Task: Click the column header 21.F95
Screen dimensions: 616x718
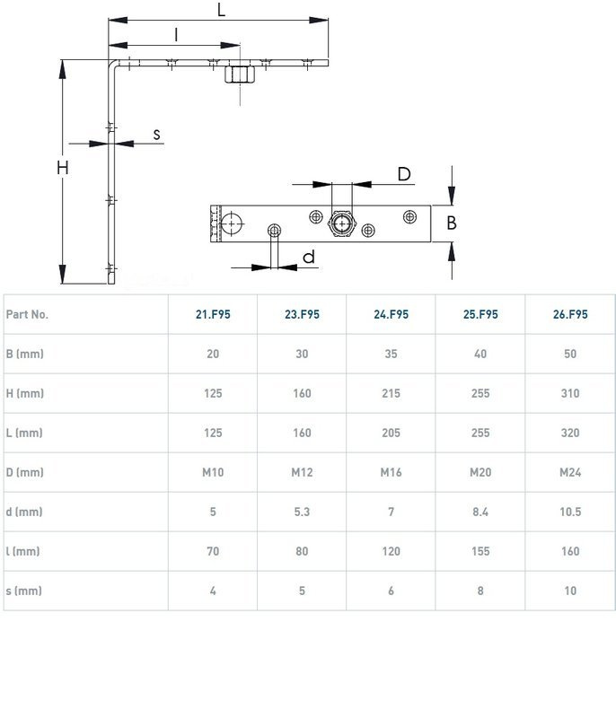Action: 213,315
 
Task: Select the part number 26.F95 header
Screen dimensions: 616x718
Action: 570,315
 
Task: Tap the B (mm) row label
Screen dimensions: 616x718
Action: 25,354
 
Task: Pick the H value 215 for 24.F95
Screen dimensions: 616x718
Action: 392,393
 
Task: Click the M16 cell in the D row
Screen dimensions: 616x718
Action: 392,472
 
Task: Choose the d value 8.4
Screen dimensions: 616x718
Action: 480,512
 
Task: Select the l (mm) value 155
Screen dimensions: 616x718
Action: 480,551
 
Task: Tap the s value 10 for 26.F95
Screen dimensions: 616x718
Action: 570,591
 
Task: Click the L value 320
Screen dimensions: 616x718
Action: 570,433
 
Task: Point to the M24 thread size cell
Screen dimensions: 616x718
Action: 570,472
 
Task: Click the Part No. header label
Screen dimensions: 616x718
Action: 27,315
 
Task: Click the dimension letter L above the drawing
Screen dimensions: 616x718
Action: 221,10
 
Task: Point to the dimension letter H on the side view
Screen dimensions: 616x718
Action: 63,168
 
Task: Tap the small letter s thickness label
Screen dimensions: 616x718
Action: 156,135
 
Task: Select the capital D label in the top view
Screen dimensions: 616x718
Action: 404,174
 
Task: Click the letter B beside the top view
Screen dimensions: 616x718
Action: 452,223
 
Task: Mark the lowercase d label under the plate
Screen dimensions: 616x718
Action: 309,257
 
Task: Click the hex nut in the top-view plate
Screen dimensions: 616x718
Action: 341,223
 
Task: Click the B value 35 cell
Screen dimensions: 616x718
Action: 392,354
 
